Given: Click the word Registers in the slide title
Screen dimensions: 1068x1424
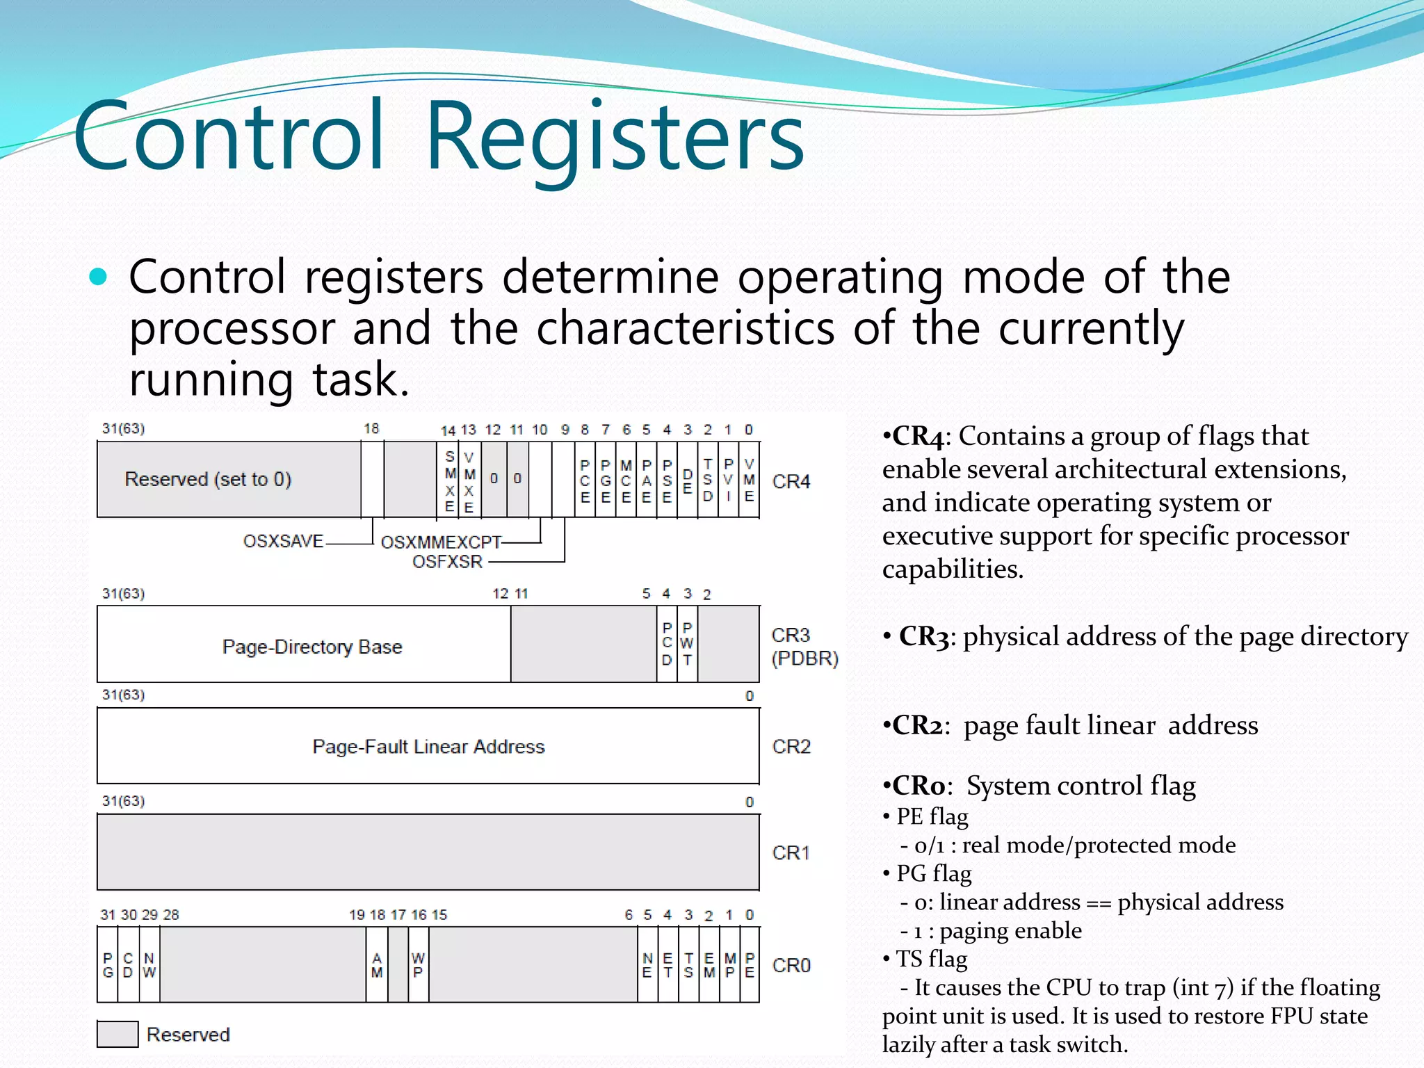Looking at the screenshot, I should tap(615, 136).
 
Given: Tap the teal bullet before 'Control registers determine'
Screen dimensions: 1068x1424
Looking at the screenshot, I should tap(98, 277).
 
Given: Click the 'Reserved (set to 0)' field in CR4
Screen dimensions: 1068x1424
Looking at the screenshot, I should tap(208, 479).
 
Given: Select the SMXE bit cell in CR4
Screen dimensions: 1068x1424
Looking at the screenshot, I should tap(450, 480).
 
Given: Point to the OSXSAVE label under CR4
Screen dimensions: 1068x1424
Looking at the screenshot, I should tap(283, 541).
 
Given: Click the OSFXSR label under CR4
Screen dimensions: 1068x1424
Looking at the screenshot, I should tap(447, 561).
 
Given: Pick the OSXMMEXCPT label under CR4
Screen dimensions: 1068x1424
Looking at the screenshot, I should tap(441, 542).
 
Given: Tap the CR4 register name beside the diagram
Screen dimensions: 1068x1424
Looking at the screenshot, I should tap(791, 481).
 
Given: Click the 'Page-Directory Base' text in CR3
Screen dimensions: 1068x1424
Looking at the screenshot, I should tap(312, 647).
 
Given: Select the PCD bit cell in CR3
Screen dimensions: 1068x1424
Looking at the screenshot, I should tap(667, 644).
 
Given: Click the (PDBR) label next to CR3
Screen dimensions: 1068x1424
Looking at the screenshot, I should tap(804, 658).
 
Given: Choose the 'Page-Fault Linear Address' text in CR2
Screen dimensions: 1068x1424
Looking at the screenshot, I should tap(428, 746).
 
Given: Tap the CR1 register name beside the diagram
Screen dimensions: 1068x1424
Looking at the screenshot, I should tap(791, 852).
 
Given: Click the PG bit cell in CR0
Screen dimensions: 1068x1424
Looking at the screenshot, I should tap(108, 965).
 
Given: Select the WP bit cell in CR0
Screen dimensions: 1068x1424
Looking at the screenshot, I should tap(418, 965).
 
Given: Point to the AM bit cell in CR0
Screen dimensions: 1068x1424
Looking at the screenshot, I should tap(377, 965).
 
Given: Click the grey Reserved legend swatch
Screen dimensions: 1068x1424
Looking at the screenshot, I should tap(118, 1034).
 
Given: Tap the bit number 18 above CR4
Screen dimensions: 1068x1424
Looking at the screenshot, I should tap(371, 428).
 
